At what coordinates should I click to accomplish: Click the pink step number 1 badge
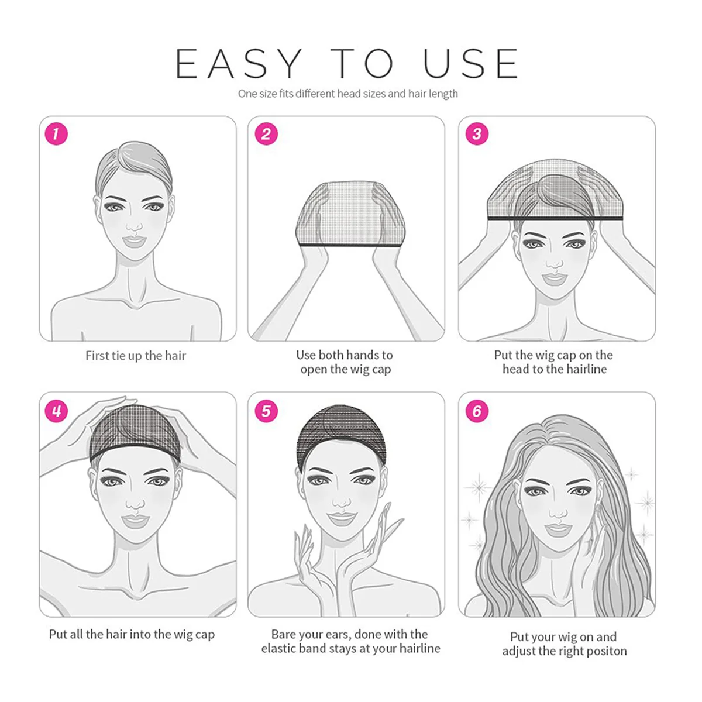[56, 134]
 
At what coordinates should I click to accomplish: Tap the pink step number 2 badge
[266, 134]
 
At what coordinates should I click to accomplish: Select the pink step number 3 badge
[477, 134]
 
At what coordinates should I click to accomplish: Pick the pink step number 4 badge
[56, 411]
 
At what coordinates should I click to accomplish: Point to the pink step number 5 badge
[266, 411]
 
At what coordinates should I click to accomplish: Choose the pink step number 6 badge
[477, 411]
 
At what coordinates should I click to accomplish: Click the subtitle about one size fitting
[347, 94]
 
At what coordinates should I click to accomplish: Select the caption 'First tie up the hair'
[135, 356]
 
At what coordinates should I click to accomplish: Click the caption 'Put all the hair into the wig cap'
[132, 634]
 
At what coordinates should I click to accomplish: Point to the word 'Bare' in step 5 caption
[284, 634]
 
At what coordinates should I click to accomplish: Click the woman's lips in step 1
[134, 240]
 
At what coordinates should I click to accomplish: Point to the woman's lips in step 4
[136, 519]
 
